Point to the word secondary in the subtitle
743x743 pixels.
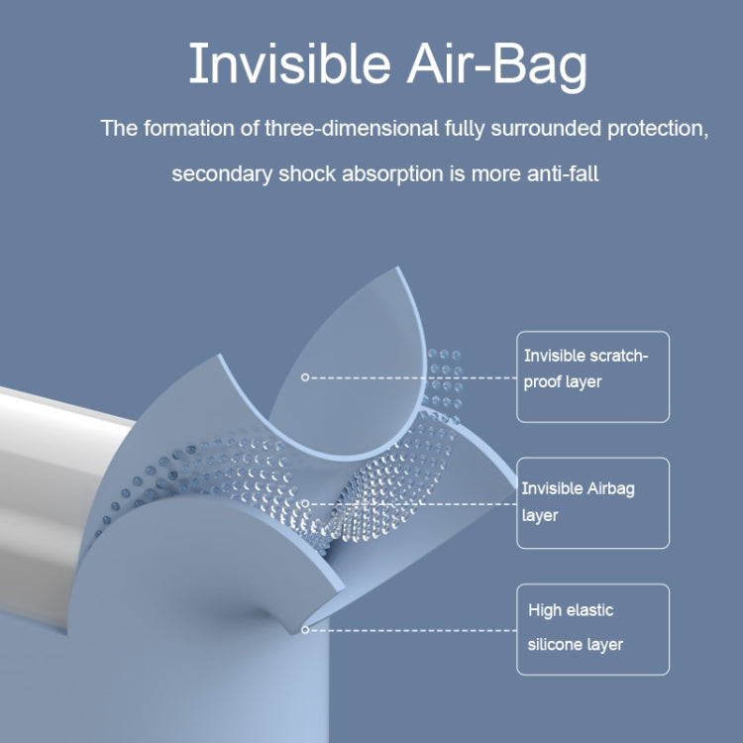(218, 173)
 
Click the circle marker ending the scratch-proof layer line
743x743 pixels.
(305, 377)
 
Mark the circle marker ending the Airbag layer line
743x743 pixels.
(305, 503)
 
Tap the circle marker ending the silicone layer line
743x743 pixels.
(305, 629)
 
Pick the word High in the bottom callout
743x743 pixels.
(543, 610)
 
